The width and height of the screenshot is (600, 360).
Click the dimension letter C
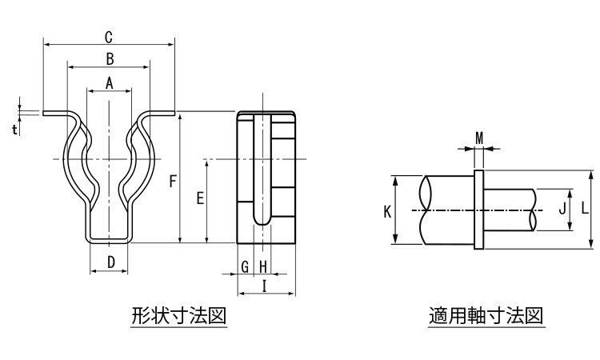pyautogui.click(x=108, y=37)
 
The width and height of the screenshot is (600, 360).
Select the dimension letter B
pyautogui.click(x=110, y=58)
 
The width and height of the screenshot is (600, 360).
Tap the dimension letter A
pyautogui.click(x=109, y=82)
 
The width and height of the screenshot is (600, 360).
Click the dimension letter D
pyautogui.click(x=111, y=262)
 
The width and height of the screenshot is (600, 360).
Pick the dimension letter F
pyautogui.click(x=172, y=182)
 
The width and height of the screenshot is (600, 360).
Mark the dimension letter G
pyautogui.click(x=246, y=266)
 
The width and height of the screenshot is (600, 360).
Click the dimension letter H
pyautogui.click(x=262, y=266)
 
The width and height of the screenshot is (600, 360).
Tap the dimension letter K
pyautogui.click(x=386, y=211)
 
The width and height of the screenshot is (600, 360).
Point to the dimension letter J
pyautogui.click(x=562, y=210)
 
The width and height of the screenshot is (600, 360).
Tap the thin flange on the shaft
pyautogui.click(x=479, y=210)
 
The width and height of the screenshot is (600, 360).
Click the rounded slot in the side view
pyautogui.click(x=262, y=172)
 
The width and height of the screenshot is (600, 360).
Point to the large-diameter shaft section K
pyautogui.click(x=448, y=210)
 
